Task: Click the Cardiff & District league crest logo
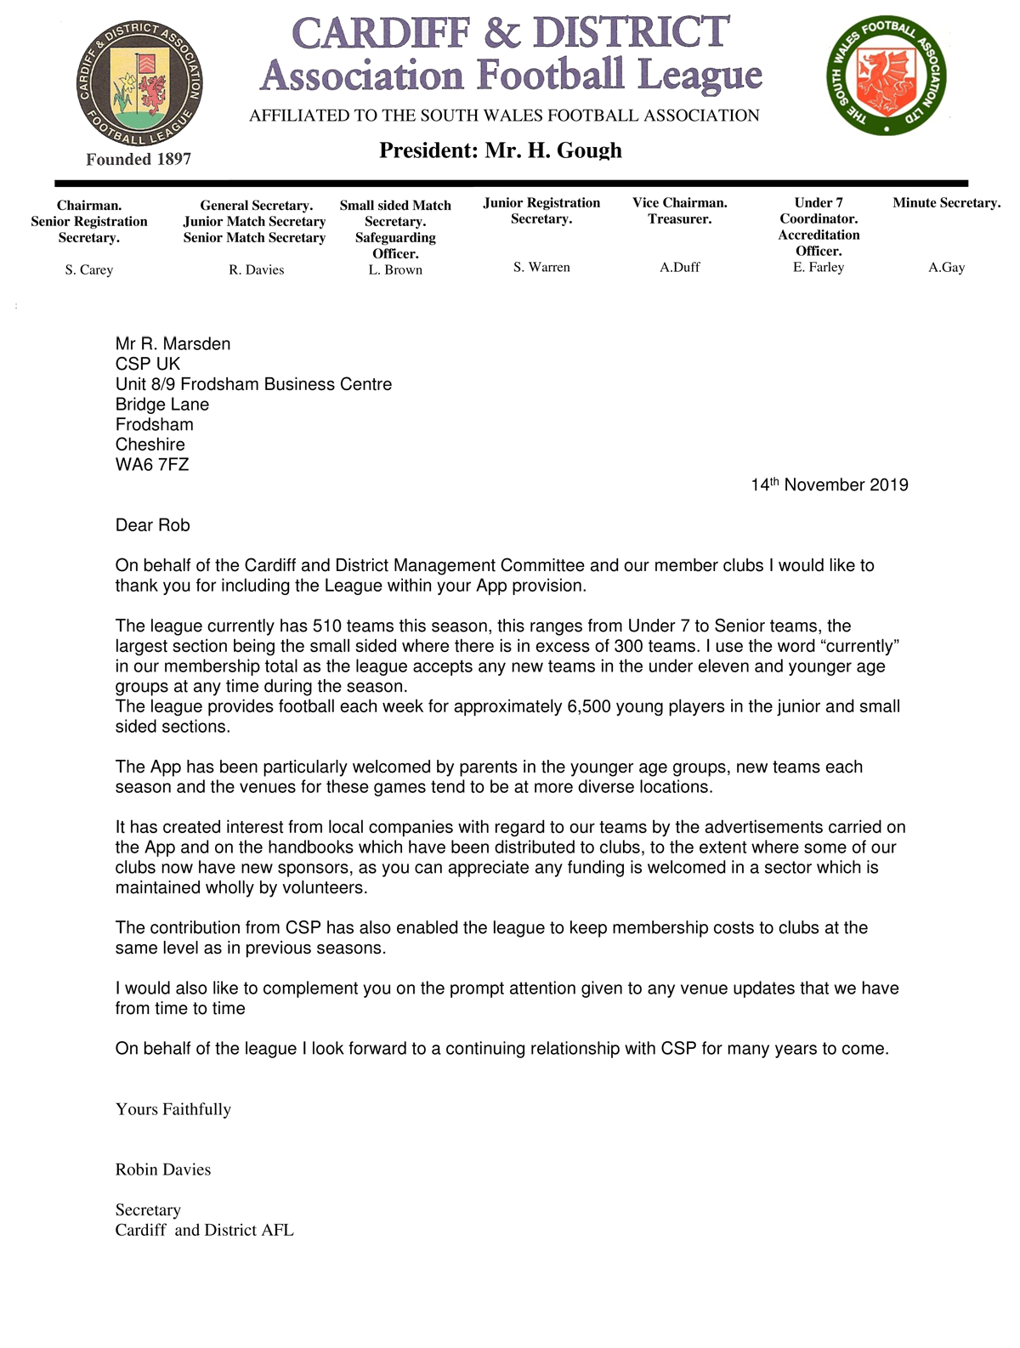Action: click(139, 82)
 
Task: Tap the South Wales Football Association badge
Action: click(886, 76)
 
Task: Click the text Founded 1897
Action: click(139, 159)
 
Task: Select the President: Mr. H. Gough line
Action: click(500, 150)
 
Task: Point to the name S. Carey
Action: click(89, 270)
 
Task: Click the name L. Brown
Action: click(395, 270)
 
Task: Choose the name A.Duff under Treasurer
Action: click(679, 268)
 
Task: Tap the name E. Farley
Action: click(819, 268)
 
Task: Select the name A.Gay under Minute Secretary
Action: click(946, 268)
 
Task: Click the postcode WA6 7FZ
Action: click(152, 465)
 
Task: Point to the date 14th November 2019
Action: click(829, 485)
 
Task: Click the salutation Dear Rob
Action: click(153, 525)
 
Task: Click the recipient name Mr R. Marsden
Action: click(173, 344)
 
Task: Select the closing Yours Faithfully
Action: click(173, 1109)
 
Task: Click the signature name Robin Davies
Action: click(163, 1170)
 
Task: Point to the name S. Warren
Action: click(541, 268)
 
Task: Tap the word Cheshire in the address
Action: click(150, 445)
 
